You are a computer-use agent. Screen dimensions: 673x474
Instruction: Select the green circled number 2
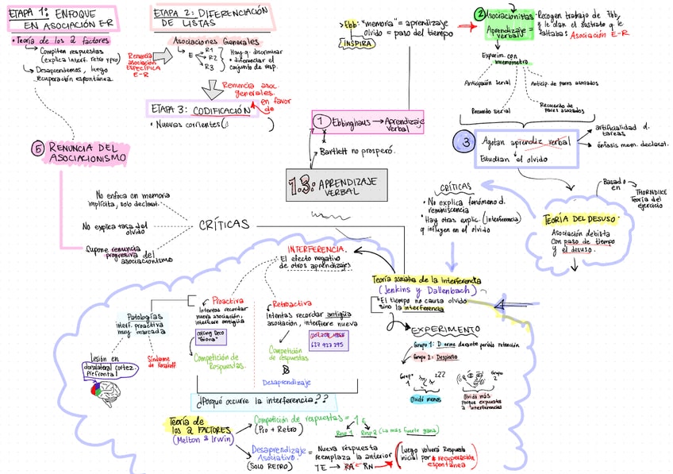point(480,14)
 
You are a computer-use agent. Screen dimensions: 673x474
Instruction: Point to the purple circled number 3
point(464,143)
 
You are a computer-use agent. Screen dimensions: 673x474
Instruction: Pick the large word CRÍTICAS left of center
point(223,225)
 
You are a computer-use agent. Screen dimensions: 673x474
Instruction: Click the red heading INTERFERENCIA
point(317,249)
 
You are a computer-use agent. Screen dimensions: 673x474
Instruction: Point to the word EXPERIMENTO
point(445,329)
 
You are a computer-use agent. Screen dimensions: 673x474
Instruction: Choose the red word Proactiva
point(227,301)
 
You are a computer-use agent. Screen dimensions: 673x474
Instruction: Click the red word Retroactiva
point(291,303)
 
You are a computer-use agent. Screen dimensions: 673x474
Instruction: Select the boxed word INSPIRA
point(358,44)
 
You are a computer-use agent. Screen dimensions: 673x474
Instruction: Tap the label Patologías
point(145,316)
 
